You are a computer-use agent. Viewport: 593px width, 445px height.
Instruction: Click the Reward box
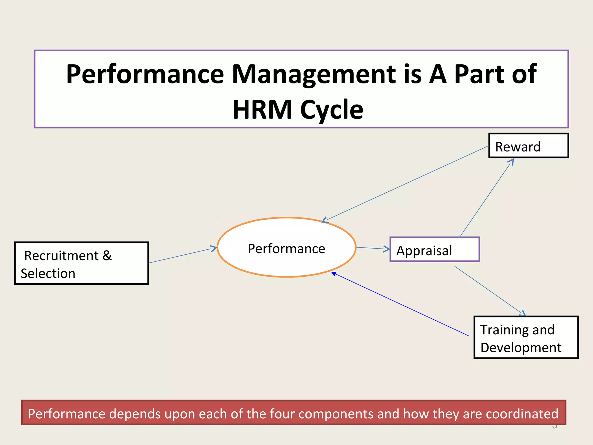528,146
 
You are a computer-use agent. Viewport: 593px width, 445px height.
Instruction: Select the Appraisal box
434,250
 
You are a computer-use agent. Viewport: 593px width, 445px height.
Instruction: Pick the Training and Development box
526,338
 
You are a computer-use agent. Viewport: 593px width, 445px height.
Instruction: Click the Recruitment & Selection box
81,263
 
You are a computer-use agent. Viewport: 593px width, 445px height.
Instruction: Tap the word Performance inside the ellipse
286,249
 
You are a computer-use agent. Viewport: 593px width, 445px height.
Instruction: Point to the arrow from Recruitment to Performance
182,255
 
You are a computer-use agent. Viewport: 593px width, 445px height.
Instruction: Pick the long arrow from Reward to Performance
405,184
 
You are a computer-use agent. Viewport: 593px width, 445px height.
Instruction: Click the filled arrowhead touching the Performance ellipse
334,274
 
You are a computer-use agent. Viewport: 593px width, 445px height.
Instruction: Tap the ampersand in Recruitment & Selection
107,256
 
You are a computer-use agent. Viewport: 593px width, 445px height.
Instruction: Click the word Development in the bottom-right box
521,347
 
